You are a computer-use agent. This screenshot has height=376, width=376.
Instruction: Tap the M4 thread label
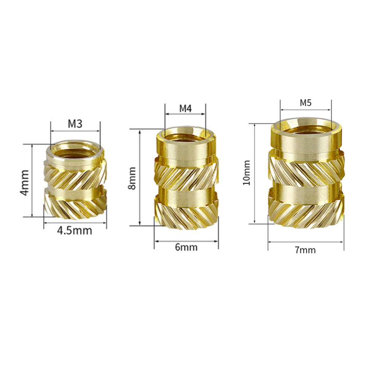click(x=185, y=108)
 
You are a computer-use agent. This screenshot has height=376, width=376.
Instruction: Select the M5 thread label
click(x=306, y=103)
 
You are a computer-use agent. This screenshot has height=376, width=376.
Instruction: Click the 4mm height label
click(x=24, y=182)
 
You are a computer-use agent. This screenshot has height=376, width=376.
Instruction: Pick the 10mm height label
click(x=247, y=173)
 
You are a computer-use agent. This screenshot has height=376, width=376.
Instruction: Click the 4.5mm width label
click(x=74, y=230)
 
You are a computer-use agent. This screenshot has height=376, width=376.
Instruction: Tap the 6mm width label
click(x=186, y=247)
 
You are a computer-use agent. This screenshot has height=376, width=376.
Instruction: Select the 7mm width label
click(x=305, y=250)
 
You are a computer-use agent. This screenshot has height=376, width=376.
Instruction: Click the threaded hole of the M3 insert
click(x=75, y=151)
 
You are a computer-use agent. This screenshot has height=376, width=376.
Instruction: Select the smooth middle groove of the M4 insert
click(x=186, y=191)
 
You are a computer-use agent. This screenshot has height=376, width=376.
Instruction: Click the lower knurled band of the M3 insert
click(x=75, y=205)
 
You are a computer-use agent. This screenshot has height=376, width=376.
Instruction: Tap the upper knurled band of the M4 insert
click(x=186, y=173)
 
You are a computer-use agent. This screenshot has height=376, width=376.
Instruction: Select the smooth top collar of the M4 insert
click(x=186, y=149)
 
